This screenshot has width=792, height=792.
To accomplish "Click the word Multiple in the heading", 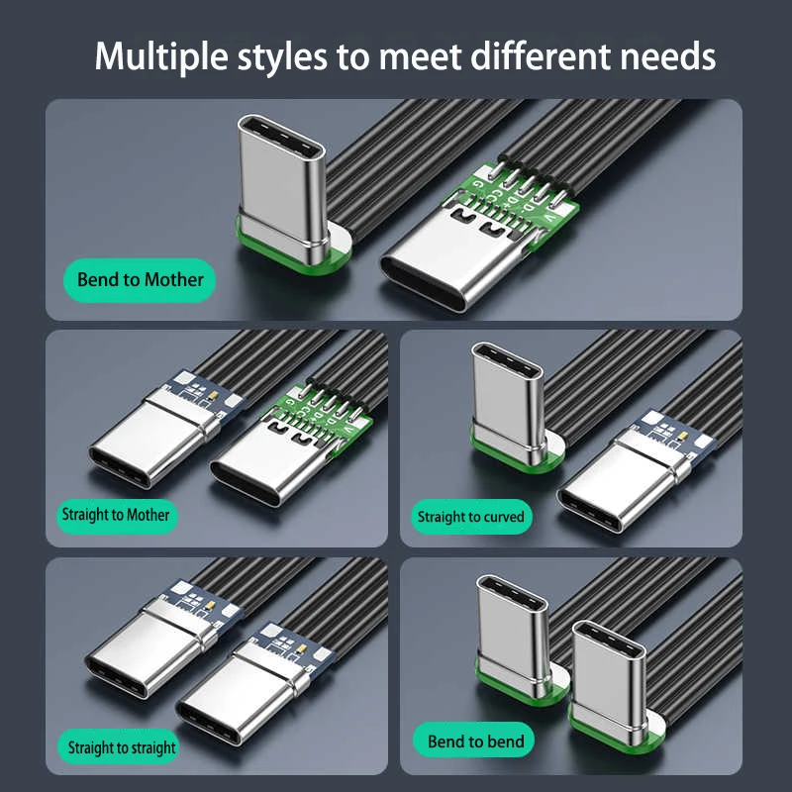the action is [161, 56].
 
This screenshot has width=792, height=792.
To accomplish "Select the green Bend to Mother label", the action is [140, 280].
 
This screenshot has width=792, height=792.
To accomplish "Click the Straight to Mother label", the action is [116, 515].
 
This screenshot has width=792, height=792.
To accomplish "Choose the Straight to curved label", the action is [471, 517].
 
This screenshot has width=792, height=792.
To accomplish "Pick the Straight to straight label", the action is [122, 747].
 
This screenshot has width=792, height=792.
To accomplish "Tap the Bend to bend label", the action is [475, 742].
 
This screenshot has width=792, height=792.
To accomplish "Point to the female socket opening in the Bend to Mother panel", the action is [424, 283].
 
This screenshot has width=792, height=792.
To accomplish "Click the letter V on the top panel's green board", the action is [549, 217].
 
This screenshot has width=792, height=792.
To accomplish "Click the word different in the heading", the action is [541, 55].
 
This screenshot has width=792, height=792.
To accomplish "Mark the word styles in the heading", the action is [282, 57].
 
